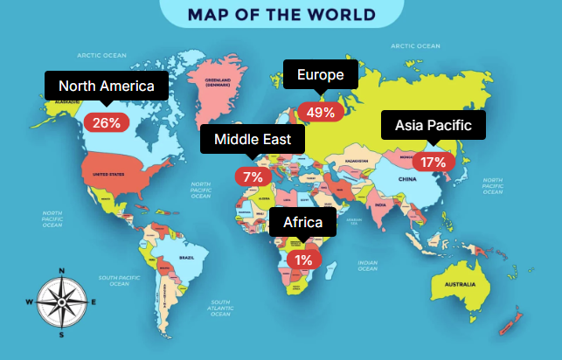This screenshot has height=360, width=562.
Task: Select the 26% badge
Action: coord(107,123)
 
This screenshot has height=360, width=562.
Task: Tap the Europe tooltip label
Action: coord(320,75)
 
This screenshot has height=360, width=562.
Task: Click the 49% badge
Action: coord(320,112)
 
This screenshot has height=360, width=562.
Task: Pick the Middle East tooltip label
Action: coord(253,139)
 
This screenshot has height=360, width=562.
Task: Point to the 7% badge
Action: coord(253,177)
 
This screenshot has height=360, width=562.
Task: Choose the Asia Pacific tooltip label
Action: coord(433,126)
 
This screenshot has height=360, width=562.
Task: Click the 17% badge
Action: coord(433,162)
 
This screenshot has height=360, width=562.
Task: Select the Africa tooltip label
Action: coord(302,223)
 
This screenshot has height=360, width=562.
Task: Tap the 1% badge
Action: coord(303,260)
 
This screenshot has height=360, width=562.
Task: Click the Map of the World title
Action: coord(281,15)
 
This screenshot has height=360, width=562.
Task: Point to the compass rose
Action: coord(62,301)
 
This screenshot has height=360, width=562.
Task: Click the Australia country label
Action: coord(460,285)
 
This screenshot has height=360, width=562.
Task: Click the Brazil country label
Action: coord(186,258)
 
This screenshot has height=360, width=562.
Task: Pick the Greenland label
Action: coord(217,82)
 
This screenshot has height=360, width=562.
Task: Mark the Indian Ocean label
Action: coord(367,264)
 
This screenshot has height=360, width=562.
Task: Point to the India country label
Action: coord(380,204)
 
